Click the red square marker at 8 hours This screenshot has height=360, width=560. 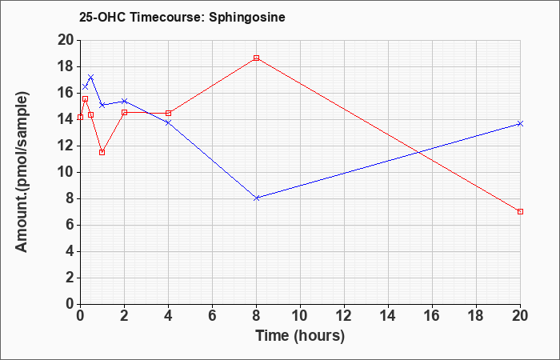point(257,58)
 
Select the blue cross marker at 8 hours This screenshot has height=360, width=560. point(257,198)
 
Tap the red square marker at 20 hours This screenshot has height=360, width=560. point(520,212)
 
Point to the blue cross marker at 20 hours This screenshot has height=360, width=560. point(520,123)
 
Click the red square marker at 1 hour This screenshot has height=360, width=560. point(102,153)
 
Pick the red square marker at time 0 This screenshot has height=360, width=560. point(80,117)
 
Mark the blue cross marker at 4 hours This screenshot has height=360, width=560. point(168,123)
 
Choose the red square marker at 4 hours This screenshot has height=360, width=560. point(168,114)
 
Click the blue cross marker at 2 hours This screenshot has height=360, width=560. point(124,101)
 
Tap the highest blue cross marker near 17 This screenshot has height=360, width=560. point(91,78)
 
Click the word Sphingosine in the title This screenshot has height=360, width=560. point(247,17)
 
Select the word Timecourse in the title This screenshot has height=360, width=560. point(166,17)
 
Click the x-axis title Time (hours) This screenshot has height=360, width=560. point(300,336)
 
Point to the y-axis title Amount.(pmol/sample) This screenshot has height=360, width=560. point(22,172)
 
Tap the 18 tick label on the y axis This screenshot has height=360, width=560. point(66,66)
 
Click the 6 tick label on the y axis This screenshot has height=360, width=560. point(70,226)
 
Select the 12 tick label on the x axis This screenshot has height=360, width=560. point(344,316)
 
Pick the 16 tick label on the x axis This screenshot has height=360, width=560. point(432,316)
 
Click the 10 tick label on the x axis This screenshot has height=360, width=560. point(300,316)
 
